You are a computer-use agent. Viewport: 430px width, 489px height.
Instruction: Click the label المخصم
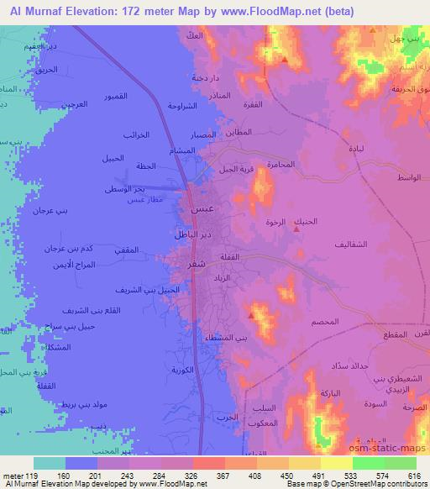pyautogui.click(x=325, y=322)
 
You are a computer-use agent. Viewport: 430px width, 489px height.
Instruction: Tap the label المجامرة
pyautogui.click(x=280, y=164)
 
